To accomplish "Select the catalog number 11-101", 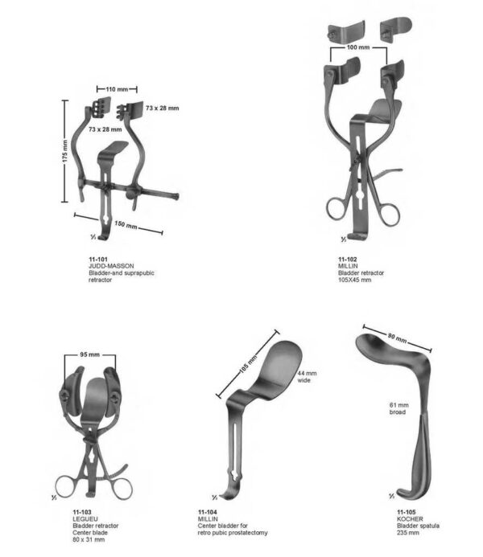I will [98, 258].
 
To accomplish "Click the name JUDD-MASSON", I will [111, 265].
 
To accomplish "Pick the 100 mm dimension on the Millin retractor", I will [357, 48].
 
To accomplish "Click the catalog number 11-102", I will [348, 258].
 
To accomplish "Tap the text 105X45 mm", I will [355, 280].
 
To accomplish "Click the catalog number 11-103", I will [82, 511].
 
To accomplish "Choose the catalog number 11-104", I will [207, 511].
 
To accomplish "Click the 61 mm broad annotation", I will [398, 408].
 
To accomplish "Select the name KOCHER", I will [408, 518].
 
